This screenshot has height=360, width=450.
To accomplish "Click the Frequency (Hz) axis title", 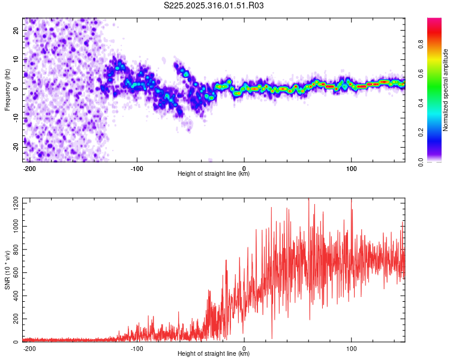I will click(x=7, y=90).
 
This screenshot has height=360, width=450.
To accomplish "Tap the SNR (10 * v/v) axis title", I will click(x=7, y=270).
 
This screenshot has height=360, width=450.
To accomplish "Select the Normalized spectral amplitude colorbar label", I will click(x=445, y=90).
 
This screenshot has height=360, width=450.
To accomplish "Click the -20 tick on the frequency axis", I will click(x=14, y=146).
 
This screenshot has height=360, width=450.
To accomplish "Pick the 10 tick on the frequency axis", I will click(x=16, y=59).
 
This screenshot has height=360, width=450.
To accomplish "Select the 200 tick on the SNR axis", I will click(x=14, y=319).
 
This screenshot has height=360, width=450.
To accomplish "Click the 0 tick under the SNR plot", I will click(x=244, y=349).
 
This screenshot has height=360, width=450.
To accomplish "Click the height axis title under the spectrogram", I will click(x=214, y=174).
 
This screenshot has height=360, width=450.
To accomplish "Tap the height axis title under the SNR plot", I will click(x=214, y=354).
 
